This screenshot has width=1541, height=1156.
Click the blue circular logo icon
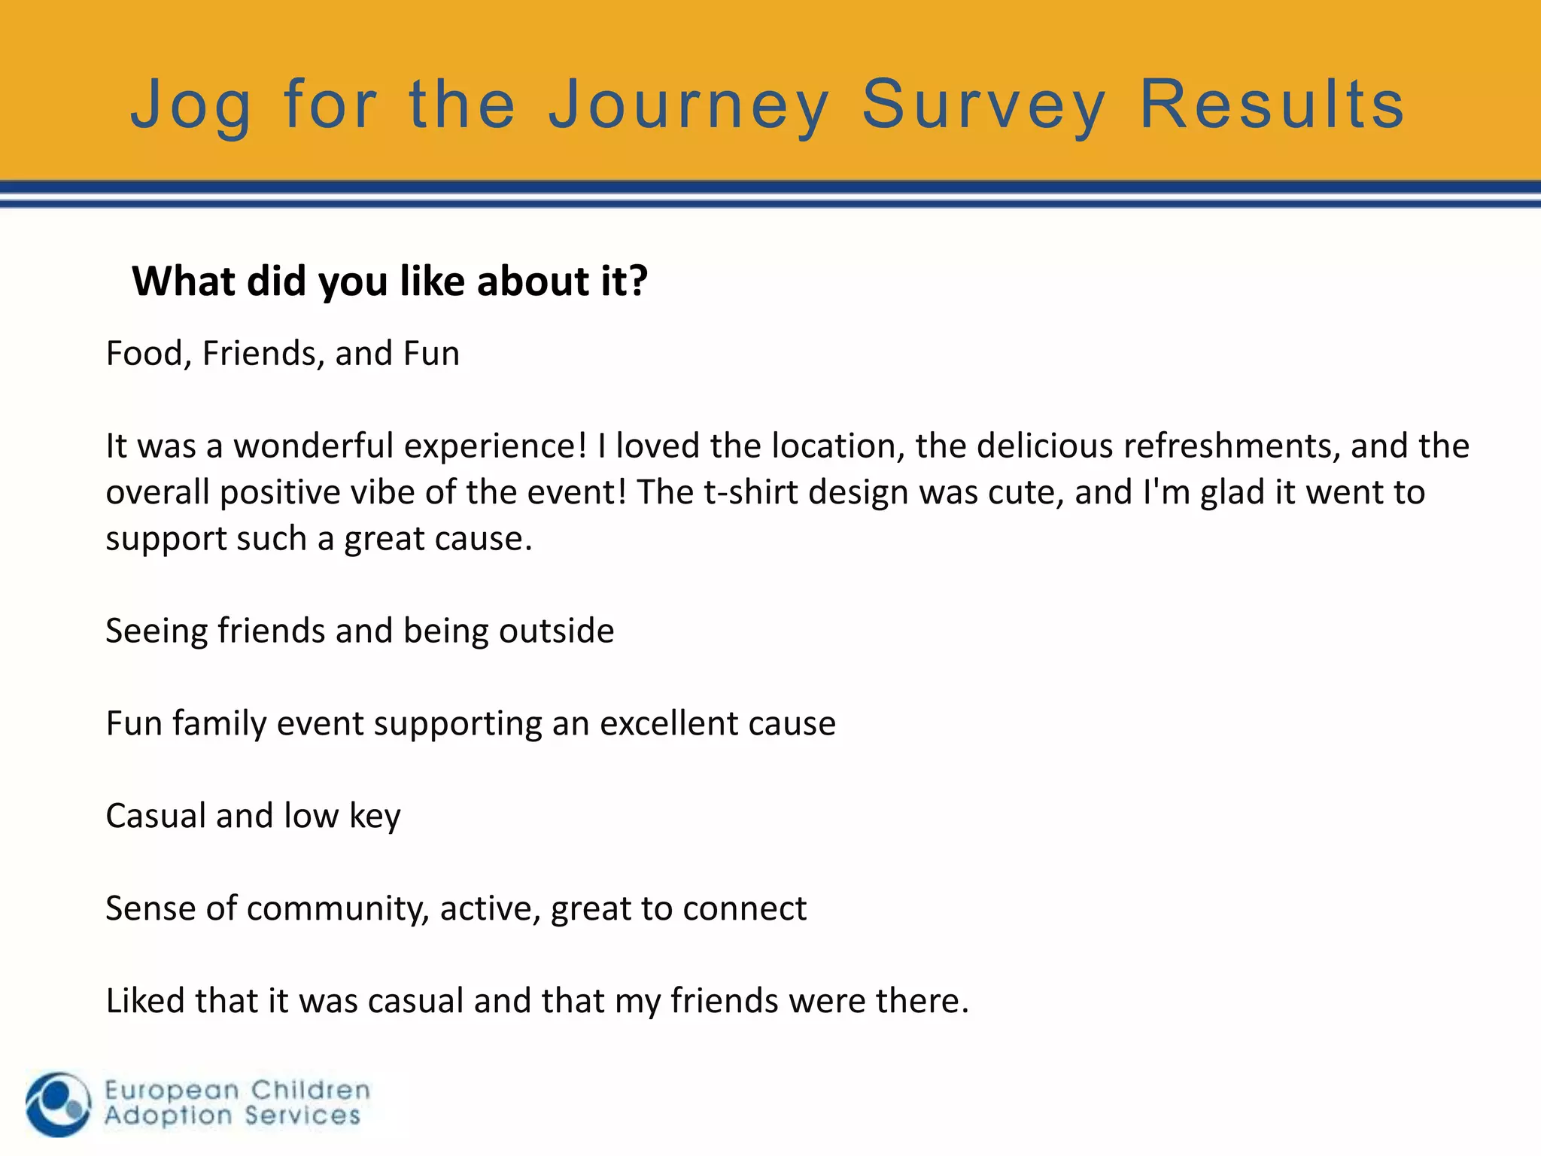pyautogui.click(x=58, y=1104)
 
